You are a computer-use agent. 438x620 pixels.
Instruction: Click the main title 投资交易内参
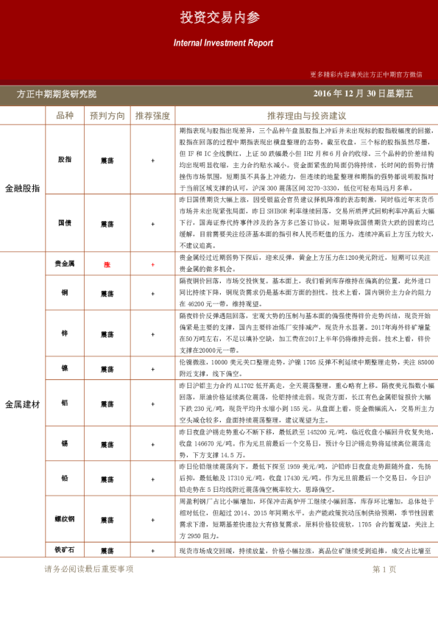pyautogui.click(x=219, y=18)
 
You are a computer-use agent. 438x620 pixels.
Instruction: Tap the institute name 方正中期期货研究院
pyautogui.click(x=57, y=94)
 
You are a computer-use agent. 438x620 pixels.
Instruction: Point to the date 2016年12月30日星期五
pyautogui.click(x=363, y=94)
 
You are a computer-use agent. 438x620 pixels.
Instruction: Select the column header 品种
pyautogui.click(x=65, y=116)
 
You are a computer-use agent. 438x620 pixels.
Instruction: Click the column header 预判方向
pyautogui.click(x=107, y=116)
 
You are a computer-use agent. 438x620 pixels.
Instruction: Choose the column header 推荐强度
pyautogui.click(x=152, y=116)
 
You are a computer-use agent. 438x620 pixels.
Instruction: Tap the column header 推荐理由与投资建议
pyautogui.click(x=306, y=116)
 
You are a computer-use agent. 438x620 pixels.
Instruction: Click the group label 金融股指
pyautogui.click(x=23, y=188)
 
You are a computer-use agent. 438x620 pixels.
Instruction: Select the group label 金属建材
pyautogui.click(x=23, y=404)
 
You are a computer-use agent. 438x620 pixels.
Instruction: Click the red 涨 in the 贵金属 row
pyautogui.click(x=107, y=264)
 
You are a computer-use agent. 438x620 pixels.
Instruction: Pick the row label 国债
pyautogui.click(x=65, y=222)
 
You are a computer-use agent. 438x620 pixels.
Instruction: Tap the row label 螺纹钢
pyautogui.click(x=65, y=518)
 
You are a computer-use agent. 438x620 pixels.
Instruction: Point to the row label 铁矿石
pyautogui.click(x=65, y=550)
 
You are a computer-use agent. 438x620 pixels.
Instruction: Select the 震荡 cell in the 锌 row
pyautogui.click(x=107, y=333)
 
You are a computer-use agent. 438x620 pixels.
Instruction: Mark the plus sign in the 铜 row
pyautogui.click(x=152, y=292)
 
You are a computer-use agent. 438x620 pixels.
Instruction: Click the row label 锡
pyautogui.click(x=65, y=444)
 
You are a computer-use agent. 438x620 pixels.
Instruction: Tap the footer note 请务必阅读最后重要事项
pyautogui.click(x=89, y=569)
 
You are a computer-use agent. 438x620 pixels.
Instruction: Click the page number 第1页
pyautogui.click(x=384, y=569)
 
